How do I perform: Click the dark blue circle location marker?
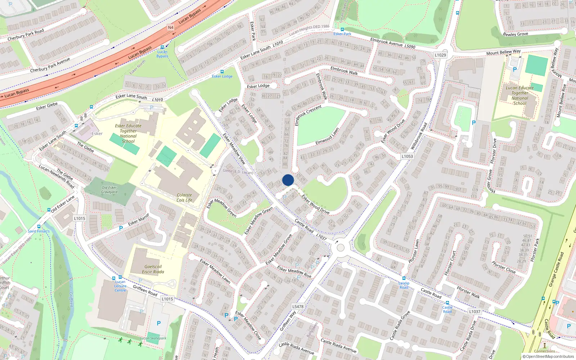click(x=288, y=180)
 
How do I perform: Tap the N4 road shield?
click(x=171, y=27)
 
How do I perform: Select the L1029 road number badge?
click(x=440, y=55)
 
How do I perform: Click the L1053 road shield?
click(x=407, y=156)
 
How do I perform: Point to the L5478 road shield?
click(x=298, y=307)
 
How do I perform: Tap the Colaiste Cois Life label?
click(x=184, y=198)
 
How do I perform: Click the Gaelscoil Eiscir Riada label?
click(x=153, y=269)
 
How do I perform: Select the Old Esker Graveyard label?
click(x=109, y=190)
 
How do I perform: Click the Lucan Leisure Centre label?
click(x=120, y=286)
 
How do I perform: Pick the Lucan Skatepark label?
click(x=153, y=338)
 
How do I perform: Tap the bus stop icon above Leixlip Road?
click(x=404, y=278)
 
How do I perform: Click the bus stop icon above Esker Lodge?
click(x=222, y=72)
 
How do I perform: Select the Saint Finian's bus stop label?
click(x=39, y=231)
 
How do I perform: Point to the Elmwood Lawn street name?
click(x=327, y=136)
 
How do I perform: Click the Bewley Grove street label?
click(x=515, y=34)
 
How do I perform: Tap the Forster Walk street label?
click(x=468, y=292)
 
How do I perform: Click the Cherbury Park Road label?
click(x=26, y=35)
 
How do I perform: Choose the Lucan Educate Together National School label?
click(x=519, y=95)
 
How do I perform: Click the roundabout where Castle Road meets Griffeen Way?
click(x=341, y=248)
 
